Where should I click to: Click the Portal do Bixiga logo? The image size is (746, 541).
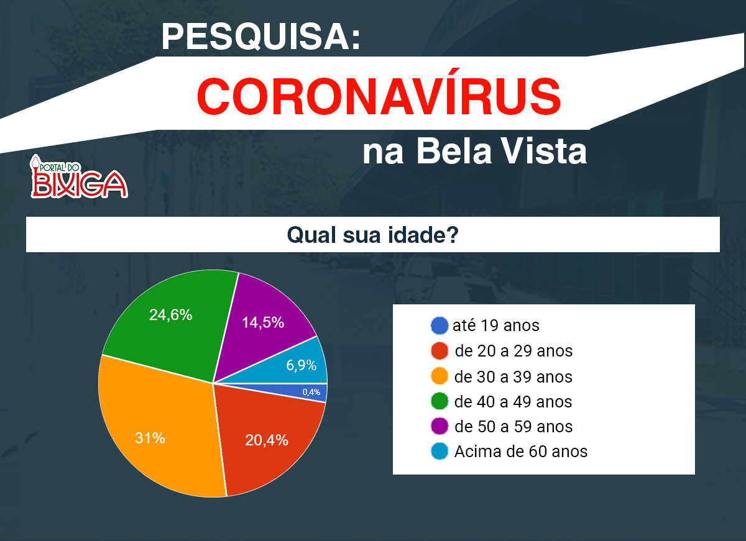78,176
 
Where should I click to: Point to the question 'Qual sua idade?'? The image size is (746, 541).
372,235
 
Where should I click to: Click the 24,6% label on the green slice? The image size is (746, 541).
170,315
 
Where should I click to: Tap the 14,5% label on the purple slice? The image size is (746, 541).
263,322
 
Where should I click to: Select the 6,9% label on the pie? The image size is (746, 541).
301,365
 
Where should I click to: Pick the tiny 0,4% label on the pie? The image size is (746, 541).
311,393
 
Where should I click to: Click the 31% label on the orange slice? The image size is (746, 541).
150,438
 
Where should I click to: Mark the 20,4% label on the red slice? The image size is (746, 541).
267,440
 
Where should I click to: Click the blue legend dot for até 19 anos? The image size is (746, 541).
440,325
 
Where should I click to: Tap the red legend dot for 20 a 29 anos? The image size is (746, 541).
440,351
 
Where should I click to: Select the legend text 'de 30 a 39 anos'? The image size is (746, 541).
513,377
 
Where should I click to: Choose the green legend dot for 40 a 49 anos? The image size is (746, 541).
440,401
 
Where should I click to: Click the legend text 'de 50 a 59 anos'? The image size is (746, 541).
513,427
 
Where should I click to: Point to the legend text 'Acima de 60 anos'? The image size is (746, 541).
520,452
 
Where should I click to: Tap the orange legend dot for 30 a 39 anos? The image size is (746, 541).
440,376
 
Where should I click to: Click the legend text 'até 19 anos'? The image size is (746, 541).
495,325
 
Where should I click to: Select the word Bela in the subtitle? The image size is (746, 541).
454,152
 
